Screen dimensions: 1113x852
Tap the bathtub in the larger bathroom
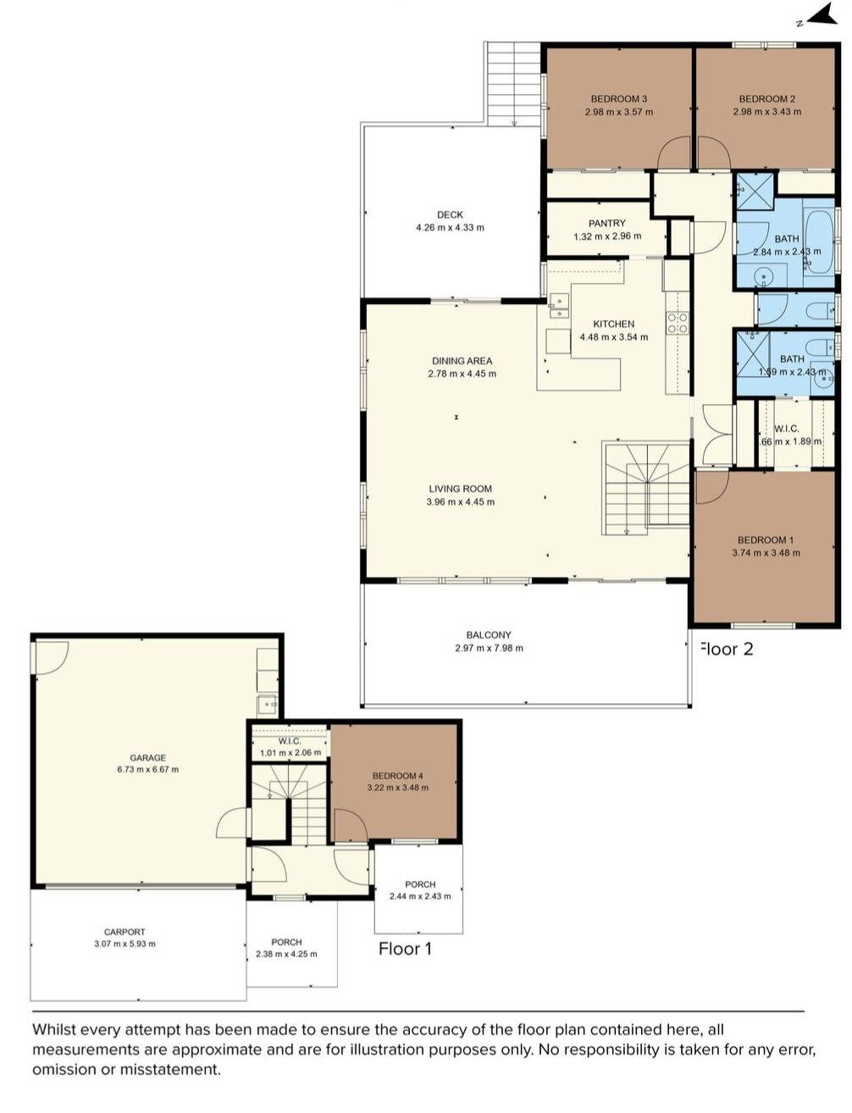818,241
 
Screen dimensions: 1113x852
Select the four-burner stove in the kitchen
677,323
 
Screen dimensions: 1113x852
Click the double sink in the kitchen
559,306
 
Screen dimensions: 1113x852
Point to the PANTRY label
606,224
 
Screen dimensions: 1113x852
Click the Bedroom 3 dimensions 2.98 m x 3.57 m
618,112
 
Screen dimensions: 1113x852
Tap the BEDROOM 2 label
766,99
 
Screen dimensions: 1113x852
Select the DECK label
450,215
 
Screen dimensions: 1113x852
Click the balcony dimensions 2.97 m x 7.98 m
489,649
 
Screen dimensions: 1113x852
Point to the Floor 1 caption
405,949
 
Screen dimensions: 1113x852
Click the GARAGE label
147,758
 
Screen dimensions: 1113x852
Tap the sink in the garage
268,703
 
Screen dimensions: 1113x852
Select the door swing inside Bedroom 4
349,825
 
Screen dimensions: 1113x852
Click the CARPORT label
124,932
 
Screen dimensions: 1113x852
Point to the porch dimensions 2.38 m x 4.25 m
286,955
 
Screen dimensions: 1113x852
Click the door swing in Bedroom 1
711,486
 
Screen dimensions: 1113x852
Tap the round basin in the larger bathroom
765,276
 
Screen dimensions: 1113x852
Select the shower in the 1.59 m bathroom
751,348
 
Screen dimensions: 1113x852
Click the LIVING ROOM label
460,489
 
